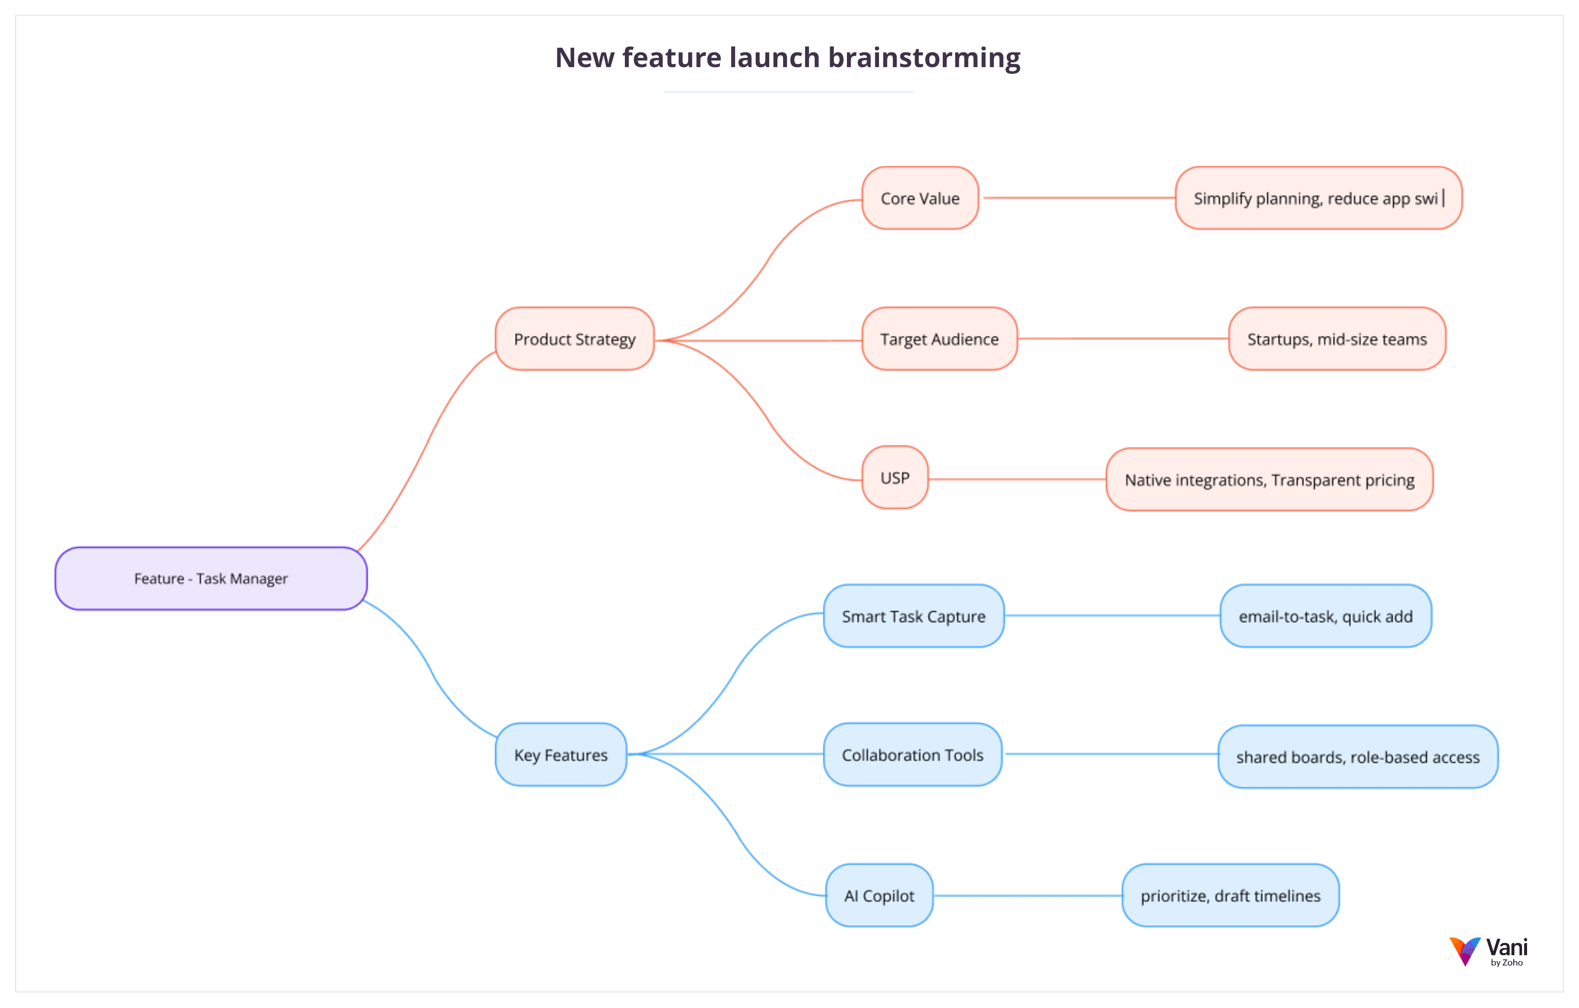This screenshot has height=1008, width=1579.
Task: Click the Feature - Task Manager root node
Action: point(211,579)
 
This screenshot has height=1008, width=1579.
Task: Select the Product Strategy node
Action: point(575,339)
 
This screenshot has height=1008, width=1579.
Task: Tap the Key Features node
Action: point(561,755)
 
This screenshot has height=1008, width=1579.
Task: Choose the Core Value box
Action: point(920,198)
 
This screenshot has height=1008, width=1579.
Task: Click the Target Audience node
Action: point(939,339)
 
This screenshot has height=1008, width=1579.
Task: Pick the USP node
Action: point(895,478)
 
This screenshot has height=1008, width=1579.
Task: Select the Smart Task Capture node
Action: point(914,617)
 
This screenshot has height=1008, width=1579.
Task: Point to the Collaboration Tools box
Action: point(912,755)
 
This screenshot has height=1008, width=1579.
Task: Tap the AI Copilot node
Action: point(879,896)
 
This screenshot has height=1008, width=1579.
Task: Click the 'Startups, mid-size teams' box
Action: point(1336,339)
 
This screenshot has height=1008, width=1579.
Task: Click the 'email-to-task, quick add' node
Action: point(1325,617)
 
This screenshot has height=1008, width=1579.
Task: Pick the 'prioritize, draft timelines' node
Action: point(1230,896)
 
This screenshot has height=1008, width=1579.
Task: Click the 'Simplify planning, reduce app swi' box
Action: point(1318,198)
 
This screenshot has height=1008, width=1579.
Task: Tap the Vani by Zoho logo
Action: point(1489,951)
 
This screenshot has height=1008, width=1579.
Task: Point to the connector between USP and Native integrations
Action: point(1016,479)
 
